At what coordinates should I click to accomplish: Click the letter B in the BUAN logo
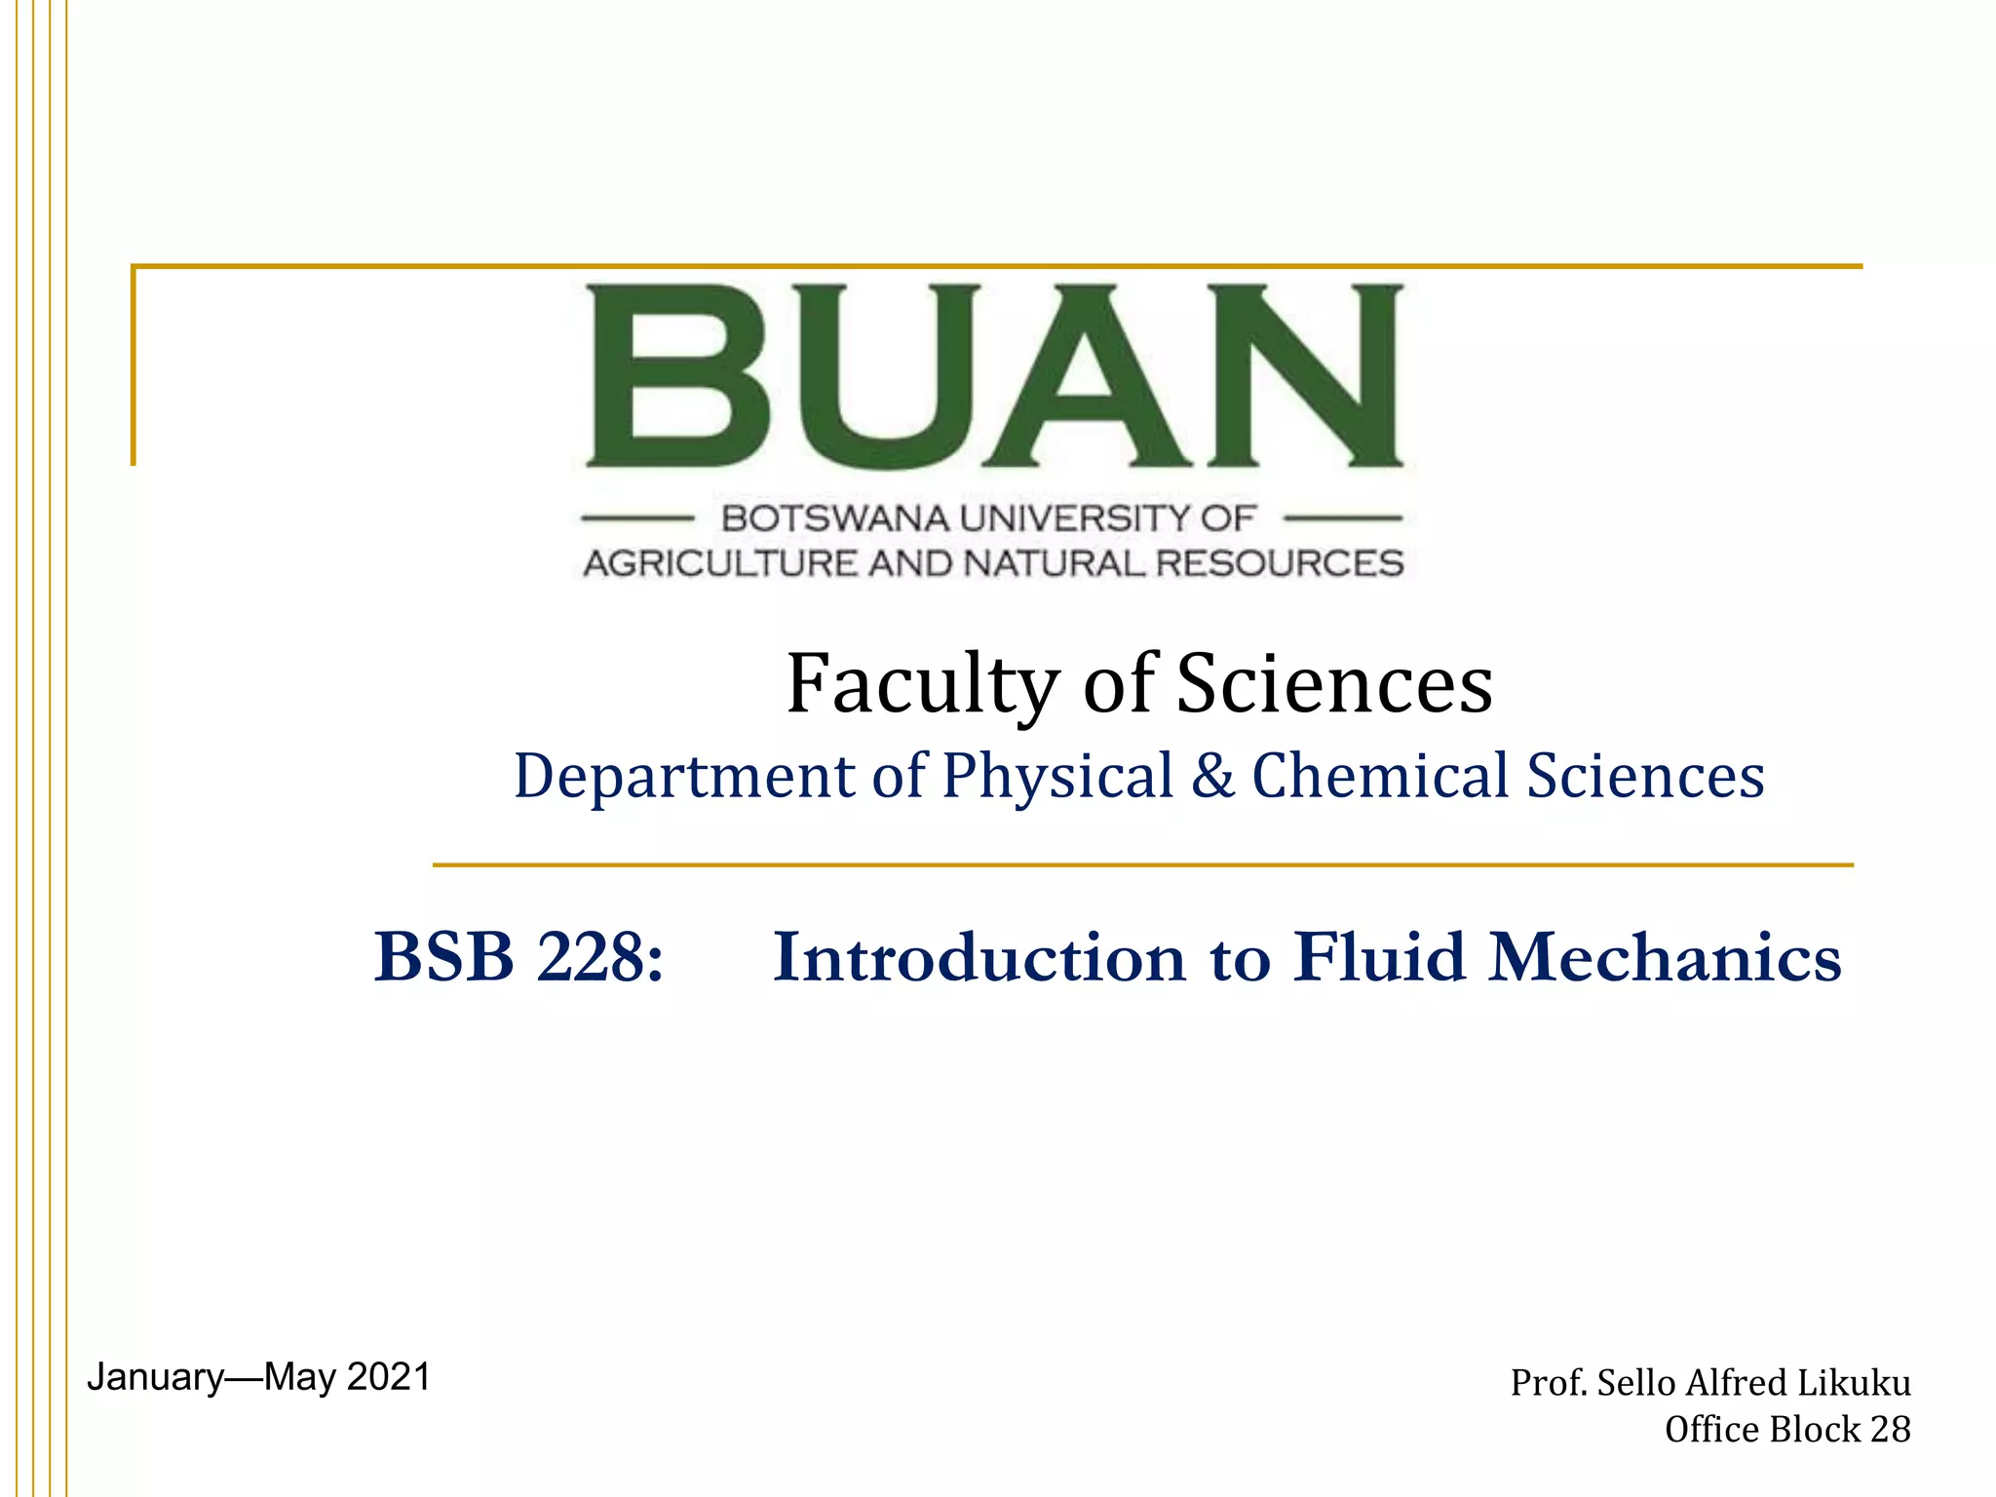(x=677, y=375)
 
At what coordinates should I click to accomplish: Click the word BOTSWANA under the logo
(x=834, y=518)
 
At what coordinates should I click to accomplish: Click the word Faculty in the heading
(x=922, y=684)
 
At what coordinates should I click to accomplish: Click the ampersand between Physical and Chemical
(x=1212, y=776)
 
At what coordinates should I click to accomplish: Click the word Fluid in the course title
(x=1379, y=957)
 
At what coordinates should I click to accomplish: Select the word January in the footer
(x=156, y=1377)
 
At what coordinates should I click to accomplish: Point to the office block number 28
(x=1891, y=1430)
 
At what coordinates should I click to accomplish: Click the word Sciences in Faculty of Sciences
(x=1334, y=684)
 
